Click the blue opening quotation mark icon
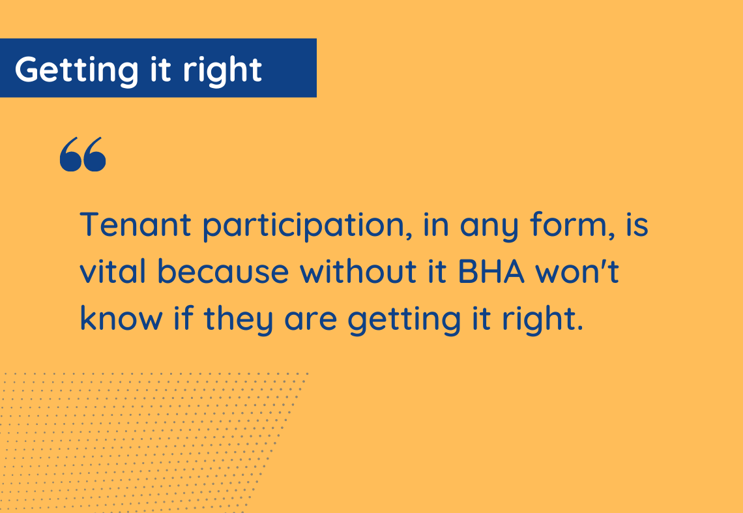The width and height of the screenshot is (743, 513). pos(83,154)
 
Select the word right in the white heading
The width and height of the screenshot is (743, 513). pos(222,70)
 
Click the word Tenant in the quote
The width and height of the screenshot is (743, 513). pos(136,224)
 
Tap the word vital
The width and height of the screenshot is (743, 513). pos(113,271)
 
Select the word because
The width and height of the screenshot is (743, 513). pos(223,271)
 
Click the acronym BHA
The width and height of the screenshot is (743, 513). pos(491,272)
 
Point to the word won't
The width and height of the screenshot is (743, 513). pos(577,272)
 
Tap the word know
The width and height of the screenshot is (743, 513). pos(121,317)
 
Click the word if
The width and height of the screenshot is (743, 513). pos(183,317)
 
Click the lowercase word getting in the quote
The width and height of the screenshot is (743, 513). pos(404,320)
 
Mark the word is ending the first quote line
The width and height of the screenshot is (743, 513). pos(637,224)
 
